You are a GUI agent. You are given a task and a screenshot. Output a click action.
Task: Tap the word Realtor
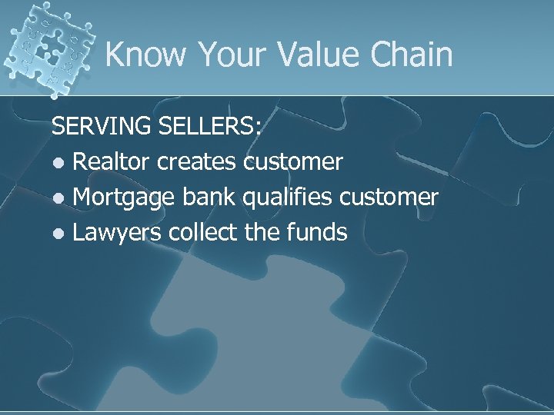point(112,162)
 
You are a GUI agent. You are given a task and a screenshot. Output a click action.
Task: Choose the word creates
point(198,162)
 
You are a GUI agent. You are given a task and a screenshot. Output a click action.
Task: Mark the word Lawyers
point(117,233)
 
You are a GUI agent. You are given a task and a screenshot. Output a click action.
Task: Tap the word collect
point(204,232)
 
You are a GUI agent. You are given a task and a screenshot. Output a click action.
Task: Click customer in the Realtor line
point(293,162)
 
